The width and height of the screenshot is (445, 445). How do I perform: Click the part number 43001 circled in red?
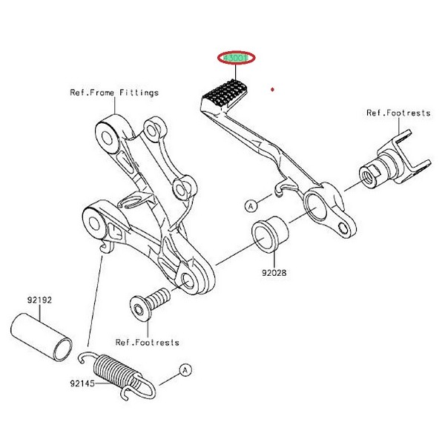[x=234, y=59]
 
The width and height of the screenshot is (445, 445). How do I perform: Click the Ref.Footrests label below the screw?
[x=147, y=343]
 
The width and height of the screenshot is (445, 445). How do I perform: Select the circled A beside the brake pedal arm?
[x=251, y=203]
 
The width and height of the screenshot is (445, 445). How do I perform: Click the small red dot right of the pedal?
[x=273, y=90]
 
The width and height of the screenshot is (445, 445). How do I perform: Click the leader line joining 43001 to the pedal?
[x=234, y=73]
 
